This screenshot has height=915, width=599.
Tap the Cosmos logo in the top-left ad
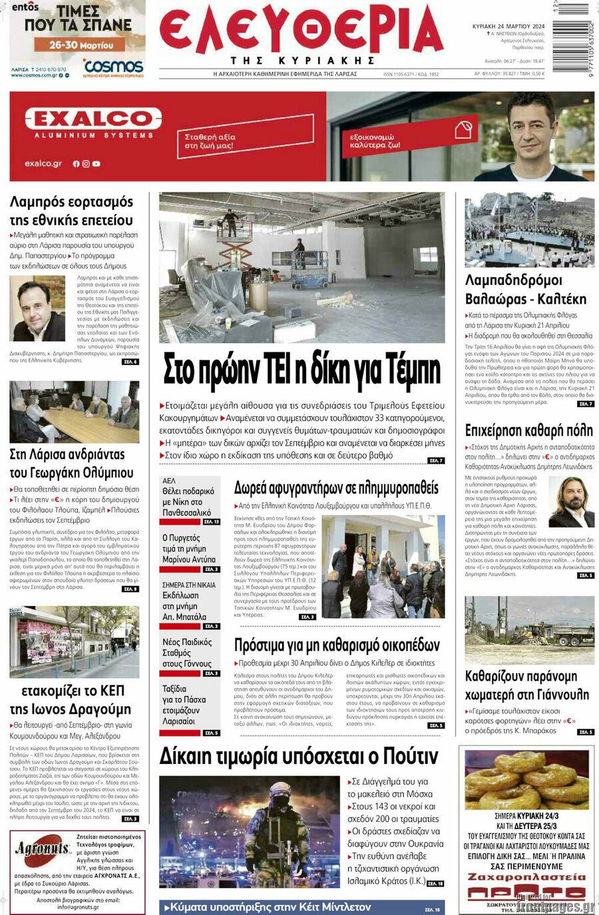click(113, 66)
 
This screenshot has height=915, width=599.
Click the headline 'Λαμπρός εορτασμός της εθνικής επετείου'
click(71, 210)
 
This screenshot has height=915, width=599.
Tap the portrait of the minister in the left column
click(38, 309)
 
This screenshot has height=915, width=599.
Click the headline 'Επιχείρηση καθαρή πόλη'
click(528, 430)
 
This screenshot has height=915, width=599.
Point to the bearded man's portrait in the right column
click(571, 501)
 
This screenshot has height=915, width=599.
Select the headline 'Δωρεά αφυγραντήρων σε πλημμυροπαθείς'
click(336, 488)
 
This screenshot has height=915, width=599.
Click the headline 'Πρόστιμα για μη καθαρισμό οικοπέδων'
click(337, 645)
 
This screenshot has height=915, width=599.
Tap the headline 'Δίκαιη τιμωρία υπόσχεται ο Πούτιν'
click(299, 757)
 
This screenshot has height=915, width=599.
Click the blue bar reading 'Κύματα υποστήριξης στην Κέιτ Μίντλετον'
click(266, 907)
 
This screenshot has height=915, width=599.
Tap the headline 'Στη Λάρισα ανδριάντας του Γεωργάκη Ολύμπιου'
click(67, 463)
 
